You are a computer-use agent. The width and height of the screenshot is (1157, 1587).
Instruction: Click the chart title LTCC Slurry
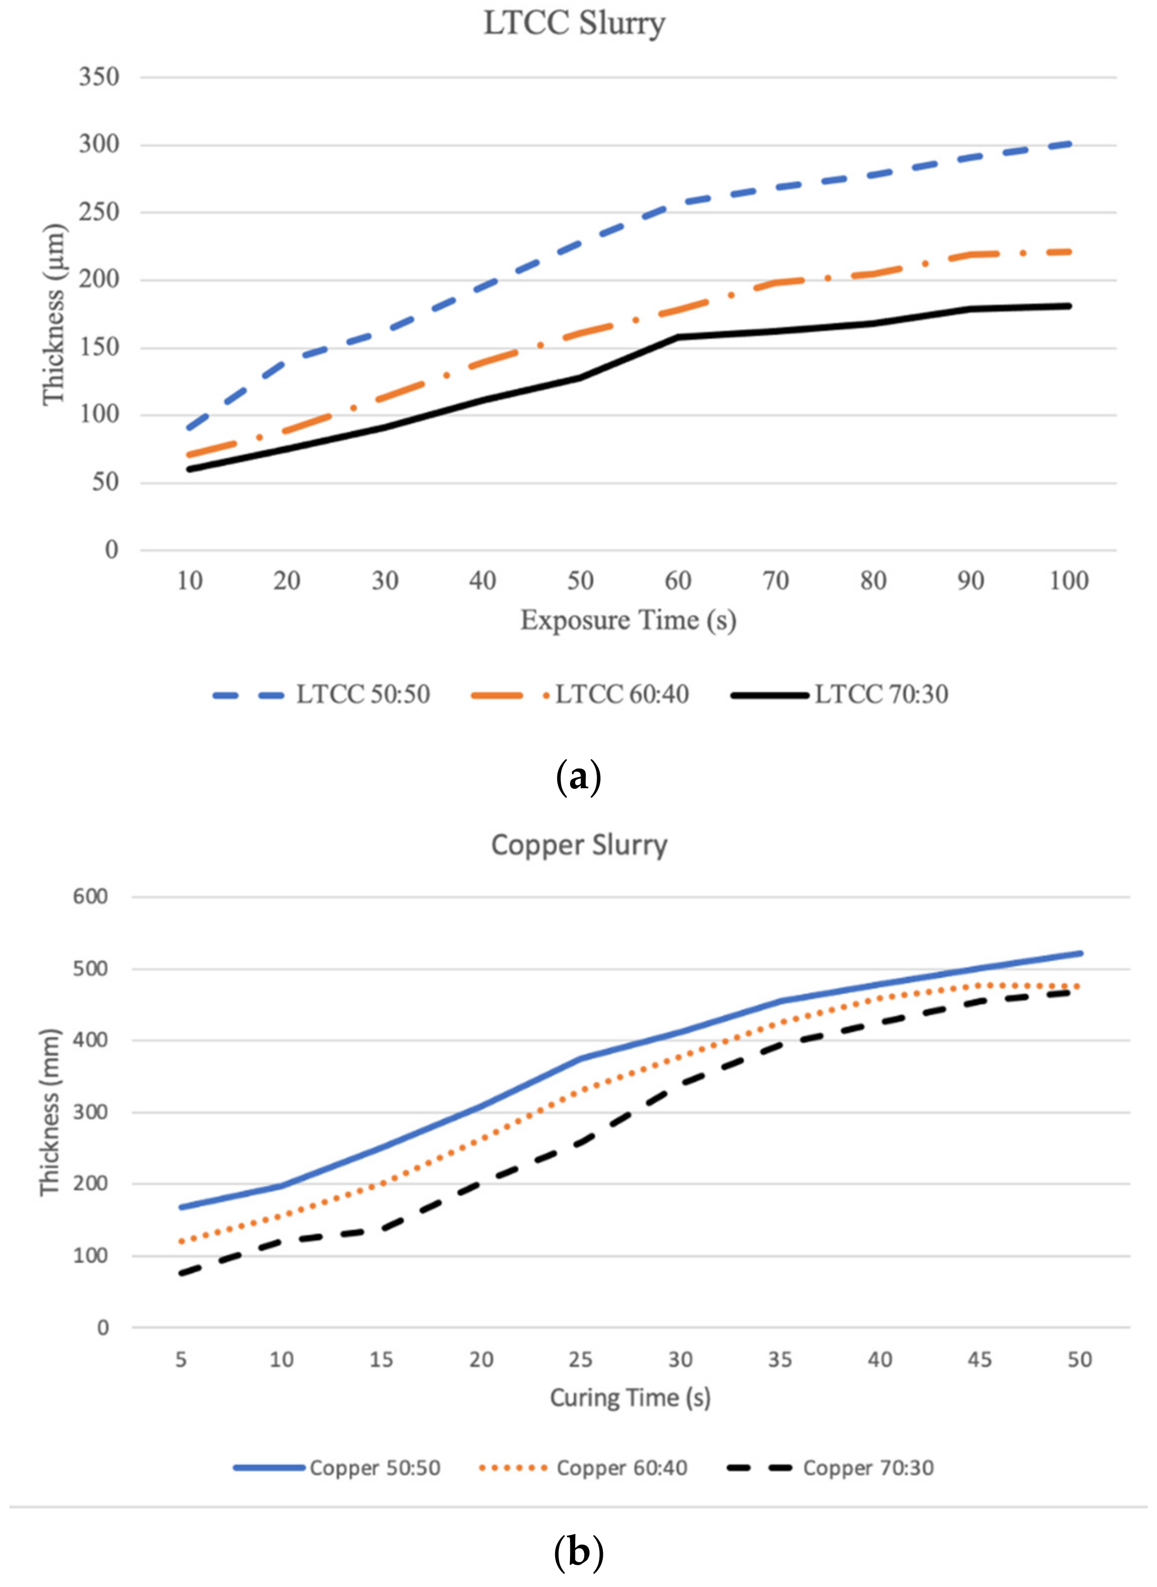point(574,24)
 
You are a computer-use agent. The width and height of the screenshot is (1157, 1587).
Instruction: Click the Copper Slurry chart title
point(579,845)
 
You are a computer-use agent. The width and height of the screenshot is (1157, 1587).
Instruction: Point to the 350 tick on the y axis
point(99,76)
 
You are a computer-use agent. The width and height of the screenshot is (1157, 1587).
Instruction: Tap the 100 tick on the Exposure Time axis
point(1069,581)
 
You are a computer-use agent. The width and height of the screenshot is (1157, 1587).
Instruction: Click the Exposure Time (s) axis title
point(628,620)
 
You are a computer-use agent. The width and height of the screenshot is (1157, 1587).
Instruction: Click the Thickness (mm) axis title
point(50,1112)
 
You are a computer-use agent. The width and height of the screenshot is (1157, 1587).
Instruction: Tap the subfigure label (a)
point(578,778)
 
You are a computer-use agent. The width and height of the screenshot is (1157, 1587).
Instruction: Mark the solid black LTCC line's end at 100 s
point(1069,306)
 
